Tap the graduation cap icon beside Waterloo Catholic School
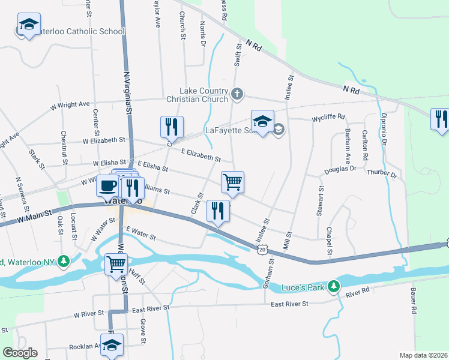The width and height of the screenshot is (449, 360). pyautogui.click(x=28, y=25)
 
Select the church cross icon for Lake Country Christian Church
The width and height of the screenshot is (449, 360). pyautogui.click(x=238, y=93)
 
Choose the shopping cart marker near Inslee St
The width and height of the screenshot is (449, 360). pyautogui.click(x=232, y=181)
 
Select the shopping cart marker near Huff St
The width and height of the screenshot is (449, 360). pyautogui.click(x=116, y=264)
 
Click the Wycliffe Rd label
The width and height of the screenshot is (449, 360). pyautogui.click(x=328, y=117)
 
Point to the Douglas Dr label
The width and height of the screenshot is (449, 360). pyautogui.click(x=340, y=169)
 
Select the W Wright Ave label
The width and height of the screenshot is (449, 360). pyautogui.click(x=70, y=105)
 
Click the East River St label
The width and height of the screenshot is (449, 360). pyautogui.click(x=289, y=304)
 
